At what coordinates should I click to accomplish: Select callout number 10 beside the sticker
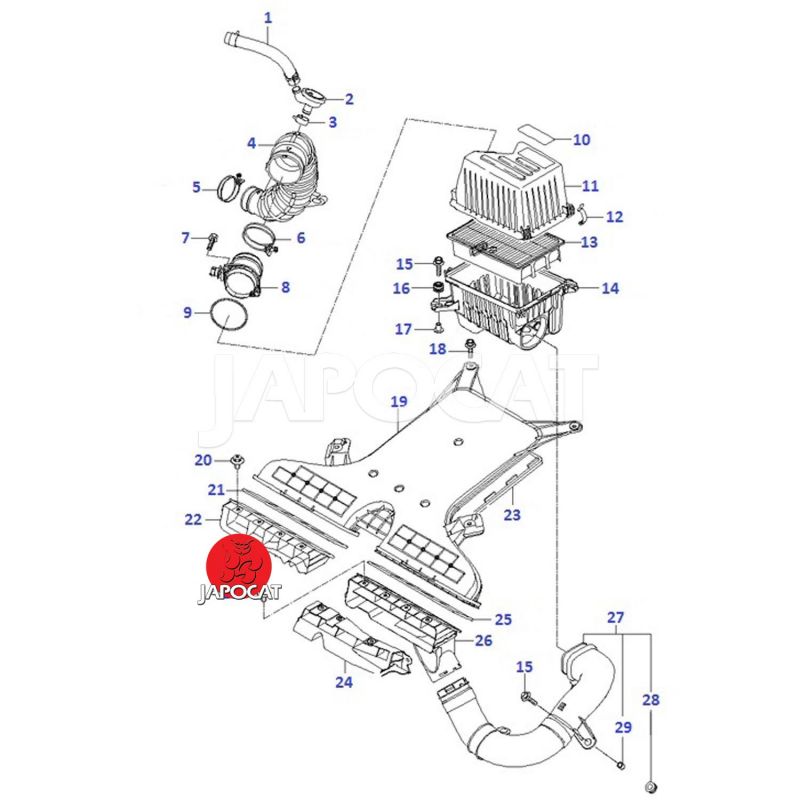pos(582,140)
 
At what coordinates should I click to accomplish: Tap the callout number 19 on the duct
pos(399,402)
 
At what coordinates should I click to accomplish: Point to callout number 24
pos(343,683)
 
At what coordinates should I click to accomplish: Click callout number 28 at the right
pos(651,701)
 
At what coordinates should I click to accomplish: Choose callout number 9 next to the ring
pos(187,312)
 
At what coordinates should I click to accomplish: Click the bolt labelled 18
pos(469,349)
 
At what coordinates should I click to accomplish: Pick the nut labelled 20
pos(237,462)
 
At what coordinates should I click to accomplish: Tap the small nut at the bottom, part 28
pos(651,782)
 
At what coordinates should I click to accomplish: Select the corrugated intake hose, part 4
pos(290,180)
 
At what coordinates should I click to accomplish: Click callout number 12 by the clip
pos(614,216)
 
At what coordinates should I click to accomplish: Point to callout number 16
pos(402,289)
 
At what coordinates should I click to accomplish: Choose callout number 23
pos(512,517)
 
